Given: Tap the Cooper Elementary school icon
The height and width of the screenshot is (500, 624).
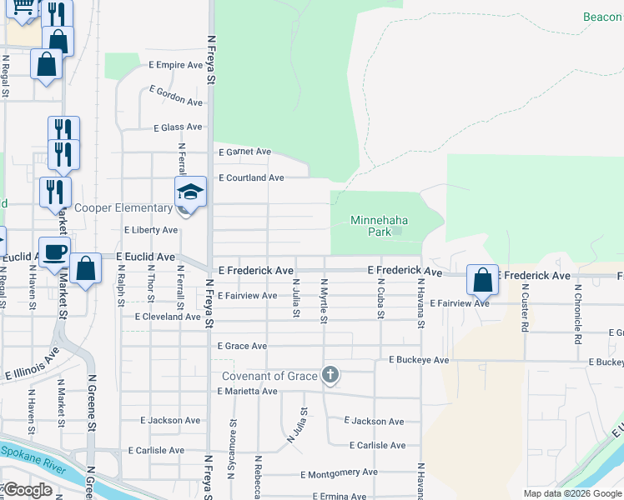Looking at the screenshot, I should tap(189, 193).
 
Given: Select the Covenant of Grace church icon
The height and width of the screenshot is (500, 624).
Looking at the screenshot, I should tap(330, 375).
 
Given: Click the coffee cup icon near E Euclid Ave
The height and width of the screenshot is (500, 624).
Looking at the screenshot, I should tap(55, 251).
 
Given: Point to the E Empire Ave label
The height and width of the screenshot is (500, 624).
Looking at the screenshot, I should tap(176, 64).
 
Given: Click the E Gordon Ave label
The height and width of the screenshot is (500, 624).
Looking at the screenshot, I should tap(176, 96).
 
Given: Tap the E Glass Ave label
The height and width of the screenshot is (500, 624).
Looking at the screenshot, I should tap(178, 127).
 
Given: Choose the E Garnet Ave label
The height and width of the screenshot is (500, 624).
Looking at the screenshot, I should tap(245, 152).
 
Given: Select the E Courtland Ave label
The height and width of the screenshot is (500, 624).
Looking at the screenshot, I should tap(251, 178).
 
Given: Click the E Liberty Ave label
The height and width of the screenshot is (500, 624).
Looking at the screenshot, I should tap(151, 230).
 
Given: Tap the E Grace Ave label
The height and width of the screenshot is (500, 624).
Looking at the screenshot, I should tap(242, 346).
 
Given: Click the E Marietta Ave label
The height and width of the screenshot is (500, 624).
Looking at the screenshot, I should tap(247, 391).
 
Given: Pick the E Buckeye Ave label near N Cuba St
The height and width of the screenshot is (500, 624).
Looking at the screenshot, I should tap(419, 360).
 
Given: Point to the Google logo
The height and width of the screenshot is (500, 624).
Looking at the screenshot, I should tap(28, 490).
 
